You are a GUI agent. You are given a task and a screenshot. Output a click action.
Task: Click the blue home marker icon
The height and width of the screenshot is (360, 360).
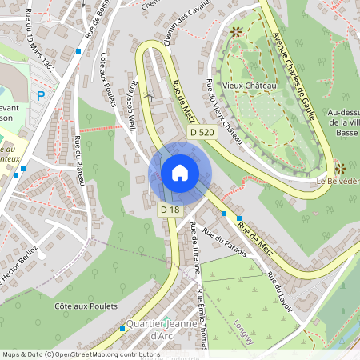[x=180, y=173]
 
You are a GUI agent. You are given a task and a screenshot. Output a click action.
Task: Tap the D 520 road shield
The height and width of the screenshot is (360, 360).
[x=203, y=131]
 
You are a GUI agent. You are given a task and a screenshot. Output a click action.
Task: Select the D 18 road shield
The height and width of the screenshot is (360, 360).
[x=170, y=210]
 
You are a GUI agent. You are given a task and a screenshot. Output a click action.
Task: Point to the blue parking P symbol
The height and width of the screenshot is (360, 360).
[x=40, y=95]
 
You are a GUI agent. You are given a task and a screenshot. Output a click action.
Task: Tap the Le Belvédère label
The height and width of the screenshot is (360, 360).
[x=338, y=181]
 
